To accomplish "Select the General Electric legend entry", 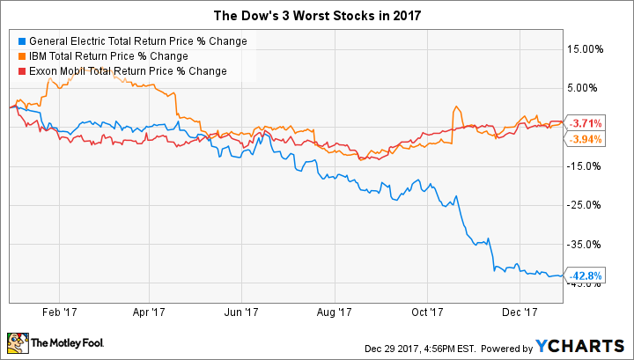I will [x=137, y=40].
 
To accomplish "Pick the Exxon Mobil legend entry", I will [x=127, y=70].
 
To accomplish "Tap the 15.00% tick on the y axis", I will [x=589, y=49].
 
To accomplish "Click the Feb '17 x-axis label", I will [x=61, y=311].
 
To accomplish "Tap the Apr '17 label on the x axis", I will [x=151, y=311].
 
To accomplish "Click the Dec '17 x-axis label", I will [x=519, y=311].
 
